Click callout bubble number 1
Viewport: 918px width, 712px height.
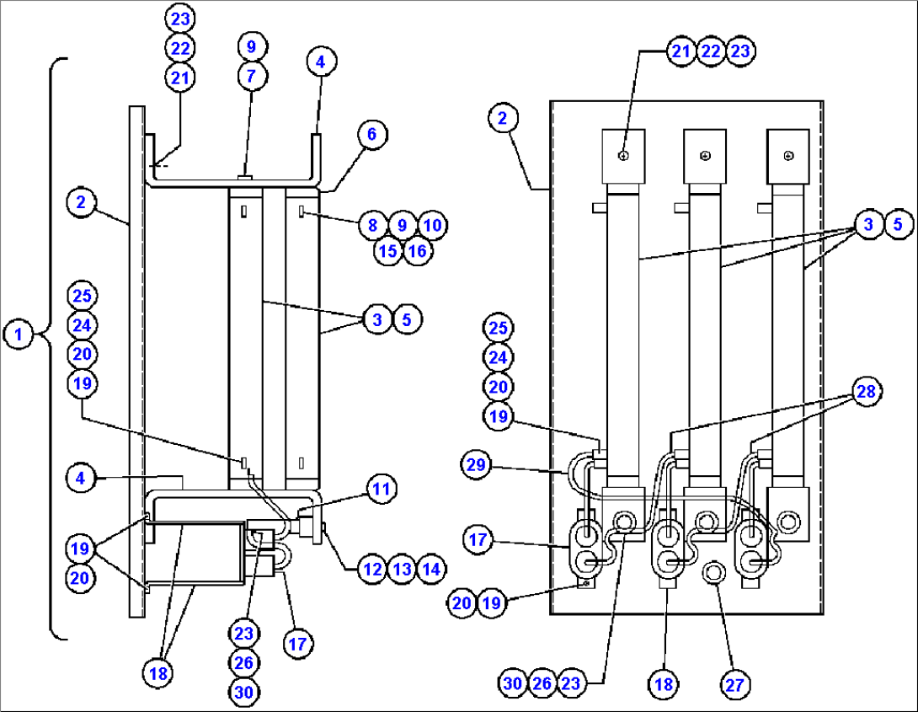pos(19,334)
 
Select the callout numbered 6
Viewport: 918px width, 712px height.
pos(373,133)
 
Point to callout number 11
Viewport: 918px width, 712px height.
pos(380,489)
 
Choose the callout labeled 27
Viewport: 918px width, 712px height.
pos(734,685)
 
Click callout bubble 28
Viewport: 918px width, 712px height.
pos(867,391)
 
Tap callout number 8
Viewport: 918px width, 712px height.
pos(372,225)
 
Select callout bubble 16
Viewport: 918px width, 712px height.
pos(417,251)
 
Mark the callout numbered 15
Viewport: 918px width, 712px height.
pos(388,251)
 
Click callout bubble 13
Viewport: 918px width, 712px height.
pos(402,569)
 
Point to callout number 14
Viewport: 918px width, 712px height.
pos(431,569)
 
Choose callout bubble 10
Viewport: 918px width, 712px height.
pos(431,225)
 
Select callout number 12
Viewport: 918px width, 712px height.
pos(372,569)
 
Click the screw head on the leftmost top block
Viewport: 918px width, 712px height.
pos(623,155)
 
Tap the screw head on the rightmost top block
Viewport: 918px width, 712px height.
pos(788,155)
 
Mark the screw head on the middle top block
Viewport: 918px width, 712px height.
pos(706,155)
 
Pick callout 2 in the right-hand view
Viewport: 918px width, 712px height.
pos(503,118)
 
